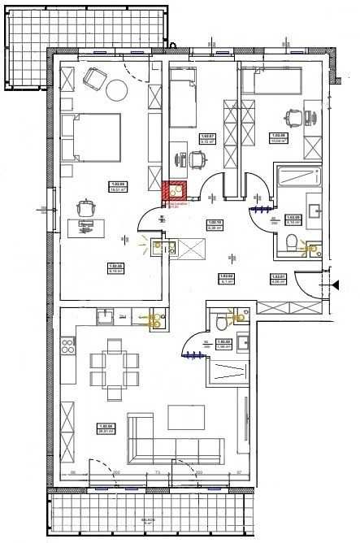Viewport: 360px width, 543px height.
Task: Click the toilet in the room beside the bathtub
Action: (293, 241)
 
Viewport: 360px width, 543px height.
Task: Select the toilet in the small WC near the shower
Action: (220, 323)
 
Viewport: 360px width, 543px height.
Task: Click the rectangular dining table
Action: (108, 367)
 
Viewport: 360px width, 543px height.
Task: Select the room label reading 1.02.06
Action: (104, 425)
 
